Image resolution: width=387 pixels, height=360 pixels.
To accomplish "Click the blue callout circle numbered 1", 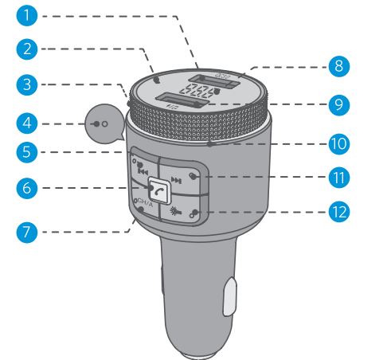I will (29, 15).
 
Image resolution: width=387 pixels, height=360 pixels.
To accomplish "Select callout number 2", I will (29, 49).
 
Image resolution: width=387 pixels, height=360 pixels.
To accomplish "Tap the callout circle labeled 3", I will (29, 83).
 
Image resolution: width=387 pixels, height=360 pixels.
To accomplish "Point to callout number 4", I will (29, 124).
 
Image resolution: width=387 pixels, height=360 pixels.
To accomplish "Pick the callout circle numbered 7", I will (29, 233).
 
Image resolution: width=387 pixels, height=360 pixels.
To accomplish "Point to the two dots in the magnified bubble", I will (101, 125).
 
